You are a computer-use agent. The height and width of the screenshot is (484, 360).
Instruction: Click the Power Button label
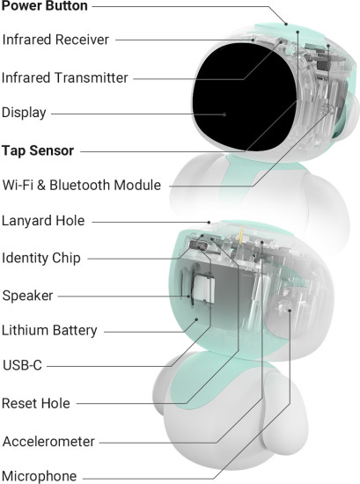click(x=45, y=5)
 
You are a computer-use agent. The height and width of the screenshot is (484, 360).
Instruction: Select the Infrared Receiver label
click(x=55, y=40)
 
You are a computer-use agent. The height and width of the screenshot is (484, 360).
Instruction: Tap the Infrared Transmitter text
click(x=64, y=77)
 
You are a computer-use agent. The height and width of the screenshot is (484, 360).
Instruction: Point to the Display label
click(x=24, y=113)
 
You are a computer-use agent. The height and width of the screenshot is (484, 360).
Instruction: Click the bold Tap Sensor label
click(x=38, y=151)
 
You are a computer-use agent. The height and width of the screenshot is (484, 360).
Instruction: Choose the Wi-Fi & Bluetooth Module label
click(x=82, y=185)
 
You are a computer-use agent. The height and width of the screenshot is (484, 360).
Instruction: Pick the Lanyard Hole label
click(x=43, y=221)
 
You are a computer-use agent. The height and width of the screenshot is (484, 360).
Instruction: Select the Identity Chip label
click(x=41, y=259)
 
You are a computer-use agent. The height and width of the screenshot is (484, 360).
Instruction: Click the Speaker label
click(x=27, y=296)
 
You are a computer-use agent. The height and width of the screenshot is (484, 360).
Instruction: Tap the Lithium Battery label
click(x=49, y=331)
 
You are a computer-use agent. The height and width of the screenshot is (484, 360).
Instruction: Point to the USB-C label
click(x=22, y=365)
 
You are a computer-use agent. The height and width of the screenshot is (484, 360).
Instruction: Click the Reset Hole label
click(x=36, y=403)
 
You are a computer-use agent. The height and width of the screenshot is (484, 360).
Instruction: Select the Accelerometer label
click(x=48, y=442)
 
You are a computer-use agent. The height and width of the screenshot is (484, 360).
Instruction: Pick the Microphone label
click(x=40, y=476)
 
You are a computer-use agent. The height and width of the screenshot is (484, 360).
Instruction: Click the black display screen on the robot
click(x=245, y=96)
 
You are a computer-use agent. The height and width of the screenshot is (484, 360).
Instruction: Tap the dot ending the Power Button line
click(x=286, y=24)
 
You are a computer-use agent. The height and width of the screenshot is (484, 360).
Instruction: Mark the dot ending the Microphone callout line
click(x=290, y=311)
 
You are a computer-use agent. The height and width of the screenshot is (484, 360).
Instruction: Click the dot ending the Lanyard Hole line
click(x=209, y=223)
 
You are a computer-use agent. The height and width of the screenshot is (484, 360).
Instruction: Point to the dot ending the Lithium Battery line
click(x=196, y=319)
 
